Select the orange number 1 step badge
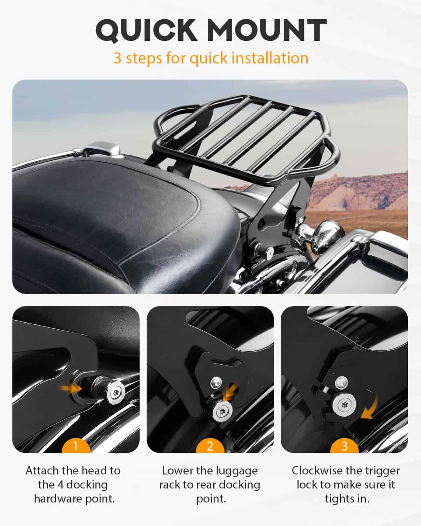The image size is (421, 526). tap(76, 447)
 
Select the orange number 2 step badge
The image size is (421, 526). tap(210, 447)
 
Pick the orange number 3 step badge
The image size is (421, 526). tap(345, 447)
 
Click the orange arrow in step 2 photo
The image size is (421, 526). tap(231, 391)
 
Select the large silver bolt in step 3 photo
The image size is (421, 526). tap(345, 405)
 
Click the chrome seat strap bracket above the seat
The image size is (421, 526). tap(103, 149)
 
